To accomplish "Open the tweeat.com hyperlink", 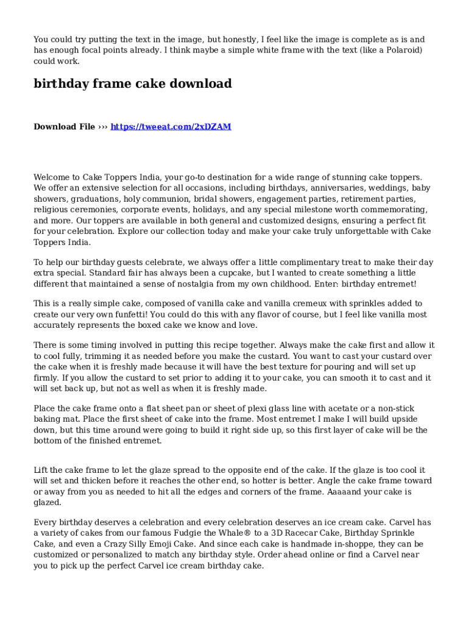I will point(171,127).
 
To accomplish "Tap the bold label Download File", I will point(64,127).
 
